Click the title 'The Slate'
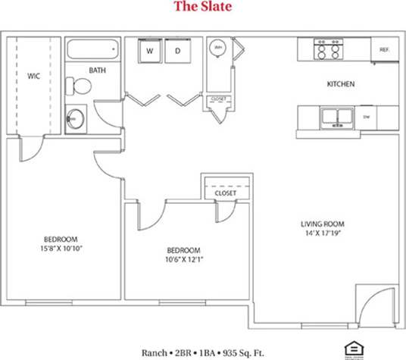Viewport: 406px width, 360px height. pyautogui.click(x=202, y=8)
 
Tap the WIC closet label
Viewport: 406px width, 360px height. pyautogui.click(x=33, y=76)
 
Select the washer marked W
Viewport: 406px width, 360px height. pyautogui.click(x=150, y=51)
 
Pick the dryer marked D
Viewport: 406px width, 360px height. pyautogui.click(x=179, y=51)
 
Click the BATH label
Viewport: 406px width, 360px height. pyautogui.click(x=97, y=70)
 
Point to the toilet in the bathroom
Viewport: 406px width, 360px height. pyautogui.click(x=78, y=85)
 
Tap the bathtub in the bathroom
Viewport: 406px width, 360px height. pyautogui.click(x=93, y=51)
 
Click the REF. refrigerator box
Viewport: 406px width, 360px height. pyautogui.click(x=384, y=50)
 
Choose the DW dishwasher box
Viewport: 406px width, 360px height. pyautogui.click(x=366, y=117)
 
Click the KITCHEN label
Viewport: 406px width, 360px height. pyautogui.click(x=341, y=84)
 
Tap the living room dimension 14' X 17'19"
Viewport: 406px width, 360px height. pyautogui.click(x=323, y=234)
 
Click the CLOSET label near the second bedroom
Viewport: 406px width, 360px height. pyautogui.click(x=226, y=193)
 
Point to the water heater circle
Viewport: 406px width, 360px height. pyautogui.click(x=218, y=48)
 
